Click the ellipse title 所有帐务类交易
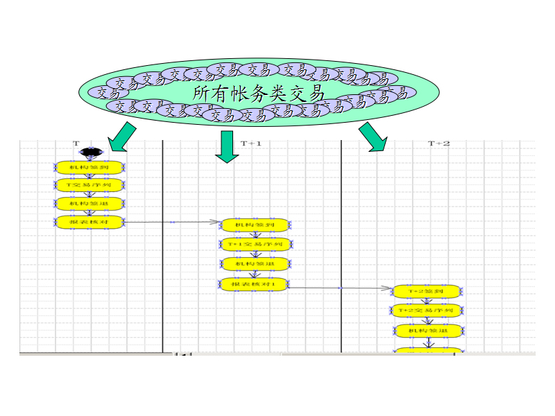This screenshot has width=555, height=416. (257, 92)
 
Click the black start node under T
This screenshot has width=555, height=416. (89, 151)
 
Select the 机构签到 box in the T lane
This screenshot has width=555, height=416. (89, 167)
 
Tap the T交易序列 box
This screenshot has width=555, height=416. (89, 185)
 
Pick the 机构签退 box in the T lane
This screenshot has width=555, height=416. (89, 203)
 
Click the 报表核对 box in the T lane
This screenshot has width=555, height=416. (89, 222)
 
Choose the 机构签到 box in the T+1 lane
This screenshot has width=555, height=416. (255, 225)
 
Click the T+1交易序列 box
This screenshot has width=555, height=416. (255, 244)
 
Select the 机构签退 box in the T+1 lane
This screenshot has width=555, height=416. (255, 263)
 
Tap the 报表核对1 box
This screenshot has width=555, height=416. (255, 284)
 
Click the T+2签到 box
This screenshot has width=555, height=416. (427, 291)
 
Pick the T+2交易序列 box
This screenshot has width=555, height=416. (427, 311)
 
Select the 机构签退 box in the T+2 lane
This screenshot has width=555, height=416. (427, 331)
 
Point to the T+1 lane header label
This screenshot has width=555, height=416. (251, 144)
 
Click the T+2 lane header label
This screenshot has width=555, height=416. (438, 144)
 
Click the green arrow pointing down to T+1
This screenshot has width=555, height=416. (226, 147)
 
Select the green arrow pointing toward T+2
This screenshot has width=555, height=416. (373, 137)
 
